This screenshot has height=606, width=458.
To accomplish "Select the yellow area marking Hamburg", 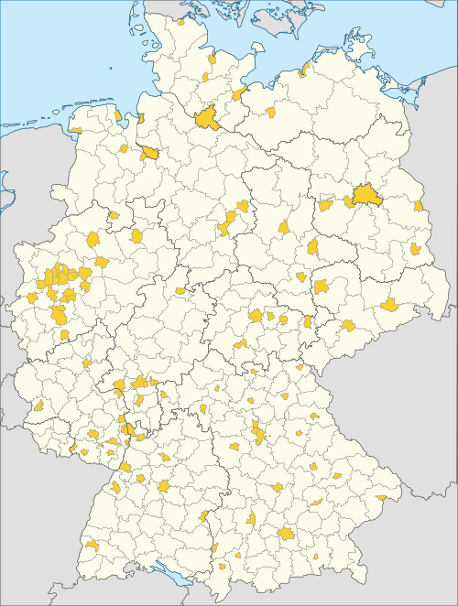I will (205, 117).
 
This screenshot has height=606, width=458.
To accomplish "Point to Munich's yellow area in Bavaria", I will (287, 533).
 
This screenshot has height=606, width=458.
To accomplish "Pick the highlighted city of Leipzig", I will (321, 287).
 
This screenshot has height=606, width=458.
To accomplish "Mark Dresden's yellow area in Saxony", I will (389, 304).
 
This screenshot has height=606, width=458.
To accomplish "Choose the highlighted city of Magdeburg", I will (283, 226).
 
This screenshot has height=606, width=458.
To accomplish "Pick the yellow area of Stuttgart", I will (163, 486).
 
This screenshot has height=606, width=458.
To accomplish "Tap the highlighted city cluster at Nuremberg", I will (259, 432).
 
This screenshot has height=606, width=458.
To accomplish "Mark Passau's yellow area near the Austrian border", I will (381, 497).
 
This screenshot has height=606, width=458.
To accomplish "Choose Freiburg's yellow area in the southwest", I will (93, 545).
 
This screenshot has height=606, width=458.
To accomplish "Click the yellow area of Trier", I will (38, 406).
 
